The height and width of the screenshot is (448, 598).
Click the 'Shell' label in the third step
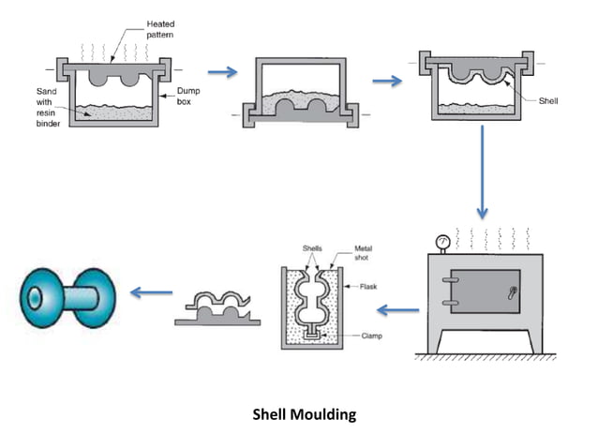(x=549, y=100)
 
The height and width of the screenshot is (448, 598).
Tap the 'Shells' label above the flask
(x=312, y=249)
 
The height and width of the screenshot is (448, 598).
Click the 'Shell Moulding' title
(x=305, y=413)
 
